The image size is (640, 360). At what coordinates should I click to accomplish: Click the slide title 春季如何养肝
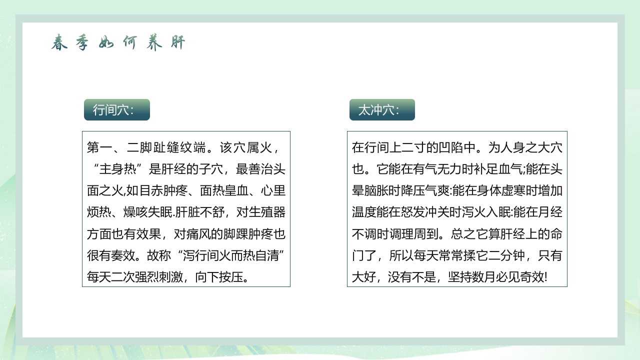tap(118, 43)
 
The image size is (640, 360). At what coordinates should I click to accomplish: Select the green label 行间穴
tap(116, 110)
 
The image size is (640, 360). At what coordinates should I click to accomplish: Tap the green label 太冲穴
tap(382, 110)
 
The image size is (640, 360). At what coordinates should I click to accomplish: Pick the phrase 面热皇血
tap(223, 191)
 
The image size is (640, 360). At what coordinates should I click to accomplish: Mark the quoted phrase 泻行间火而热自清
tap(230, 255)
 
